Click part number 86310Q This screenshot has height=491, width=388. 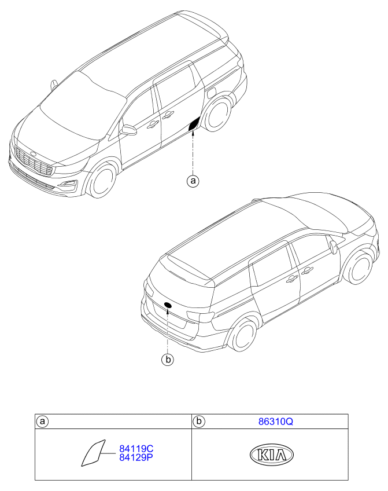coord(275,422)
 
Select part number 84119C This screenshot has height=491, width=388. coord(136,449)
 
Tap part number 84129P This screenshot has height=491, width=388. coord(136,457)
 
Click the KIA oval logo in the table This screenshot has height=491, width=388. coord(272,455)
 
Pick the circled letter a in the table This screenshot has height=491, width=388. coord(43,422)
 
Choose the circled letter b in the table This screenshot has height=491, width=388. coord(199,422)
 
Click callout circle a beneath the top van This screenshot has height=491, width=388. coord(193,181)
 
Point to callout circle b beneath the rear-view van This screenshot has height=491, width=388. coord(168,360)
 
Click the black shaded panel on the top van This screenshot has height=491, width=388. coord(194,124)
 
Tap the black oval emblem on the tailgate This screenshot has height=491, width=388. coord(168,305)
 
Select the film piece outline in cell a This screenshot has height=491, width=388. coord(93,453)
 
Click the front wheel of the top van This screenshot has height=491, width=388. coord(102,181)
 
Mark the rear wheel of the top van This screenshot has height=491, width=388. coord(217,114)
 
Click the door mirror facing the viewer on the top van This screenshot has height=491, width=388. coord(129,130)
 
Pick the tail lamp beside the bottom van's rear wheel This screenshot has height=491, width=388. coord(201,316)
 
